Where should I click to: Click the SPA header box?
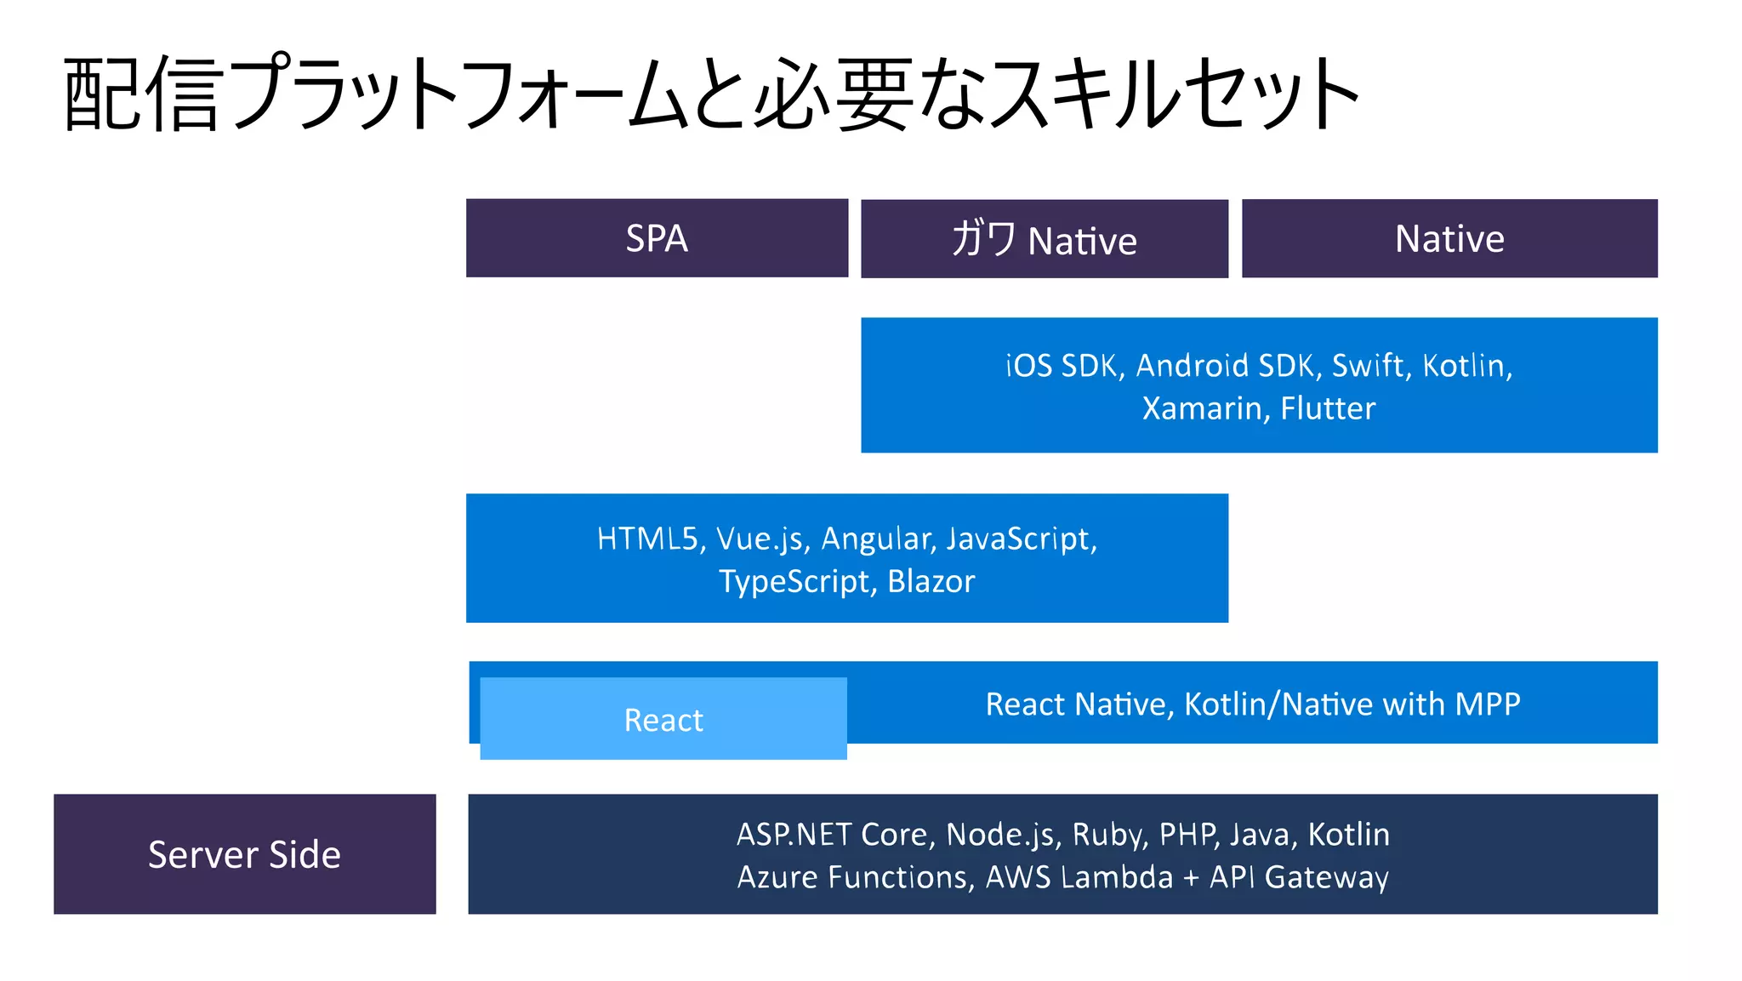[657, 238]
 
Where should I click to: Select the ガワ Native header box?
[1045, 239]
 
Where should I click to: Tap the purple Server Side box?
[244, 854]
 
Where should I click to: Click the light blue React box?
[663, 720]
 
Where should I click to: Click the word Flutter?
[1328, 408]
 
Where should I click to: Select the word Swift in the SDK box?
[1366, 366]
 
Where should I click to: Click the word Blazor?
[931, 582]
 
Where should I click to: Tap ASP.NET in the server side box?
[794, 835]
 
